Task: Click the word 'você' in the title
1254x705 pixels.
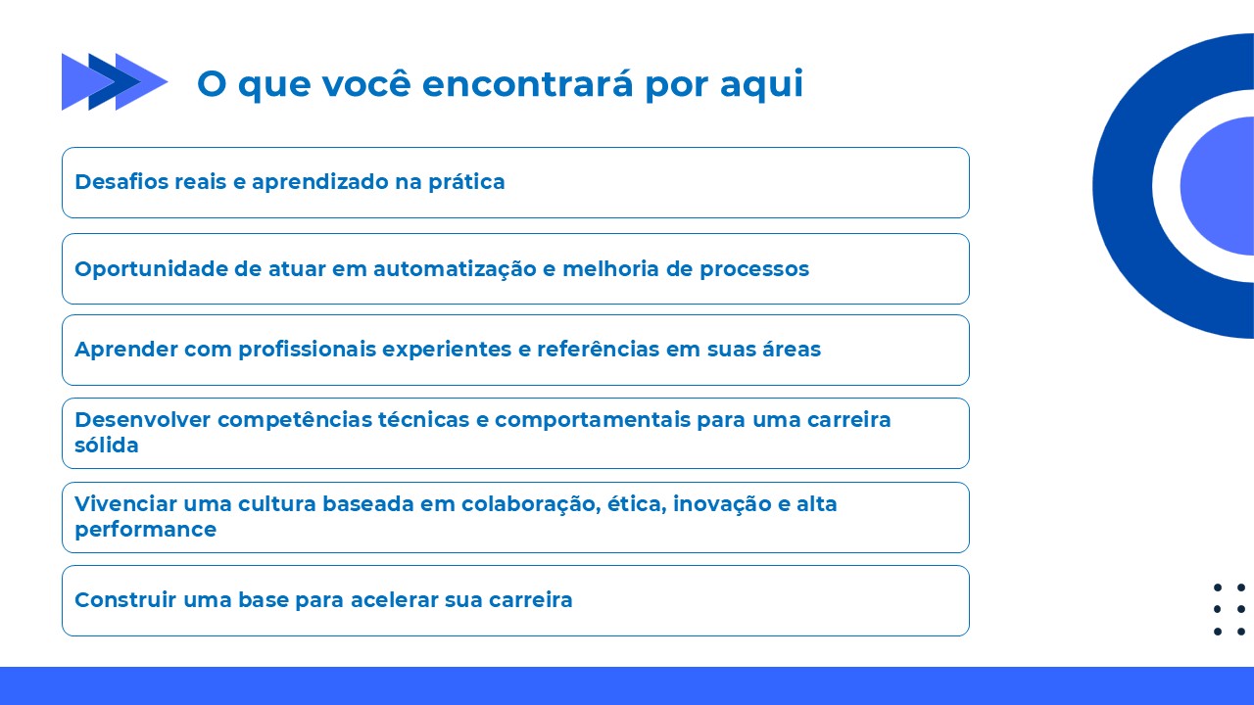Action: click(366, 83)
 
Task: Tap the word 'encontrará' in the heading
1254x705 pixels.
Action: click(527, 83)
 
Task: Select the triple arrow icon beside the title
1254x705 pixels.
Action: click(115, 81)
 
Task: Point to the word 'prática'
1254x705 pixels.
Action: click(467, 182)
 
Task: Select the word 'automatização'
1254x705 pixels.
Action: click(456, 269)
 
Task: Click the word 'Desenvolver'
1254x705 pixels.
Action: click(143, 420)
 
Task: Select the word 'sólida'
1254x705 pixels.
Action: click(107, 446)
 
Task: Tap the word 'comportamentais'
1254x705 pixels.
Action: click(593, 420)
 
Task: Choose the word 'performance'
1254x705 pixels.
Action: click(146, 530)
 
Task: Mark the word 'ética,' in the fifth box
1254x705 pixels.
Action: click(637, 504)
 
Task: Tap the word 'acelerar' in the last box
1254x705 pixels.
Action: click(395, 600)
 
